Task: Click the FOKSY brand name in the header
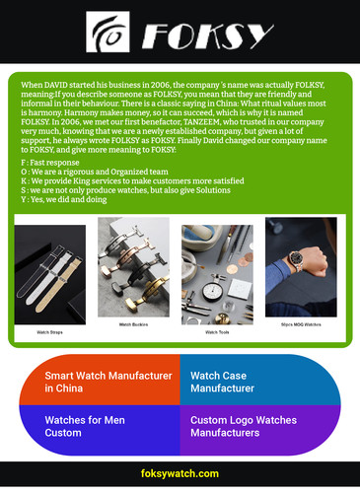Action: click(x=205, y=37)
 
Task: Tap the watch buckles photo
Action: click(x=133, y=267)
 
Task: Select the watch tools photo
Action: click(x=216, y=273)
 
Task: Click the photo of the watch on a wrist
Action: click(x=300, y=266)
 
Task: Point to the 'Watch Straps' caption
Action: click(x=49, y=332)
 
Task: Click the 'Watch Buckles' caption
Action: click(x=133, y=323)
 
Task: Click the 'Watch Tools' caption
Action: click(x=216, y=332)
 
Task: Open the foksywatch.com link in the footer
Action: click(x=180, y=474)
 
